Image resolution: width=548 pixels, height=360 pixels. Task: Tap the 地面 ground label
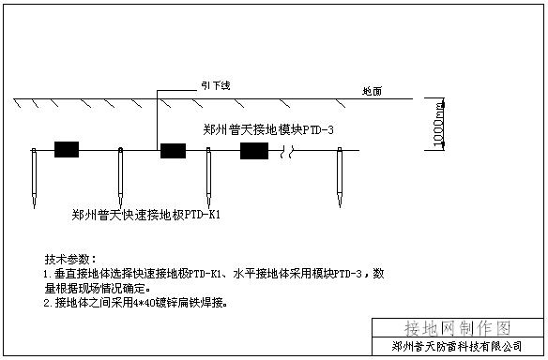[373, 90]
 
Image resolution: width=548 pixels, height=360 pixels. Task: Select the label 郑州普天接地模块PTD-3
[268, 128]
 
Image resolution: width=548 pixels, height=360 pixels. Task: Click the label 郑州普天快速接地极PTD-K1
[145, 215]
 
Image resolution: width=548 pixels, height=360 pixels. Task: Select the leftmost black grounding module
[67, 149]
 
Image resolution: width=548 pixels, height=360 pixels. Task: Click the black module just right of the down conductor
[173, 150]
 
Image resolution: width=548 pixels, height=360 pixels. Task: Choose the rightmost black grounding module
[254, 150]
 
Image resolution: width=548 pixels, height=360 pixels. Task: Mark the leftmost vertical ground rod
[33, 175]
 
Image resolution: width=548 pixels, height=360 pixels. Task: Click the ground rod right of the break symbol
[339, 175]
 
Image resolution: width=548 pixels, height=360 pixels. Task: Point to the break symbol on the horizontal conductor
[293, 150]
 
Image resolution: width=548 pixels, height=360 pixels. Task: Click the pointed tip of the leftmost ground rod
[33, 205]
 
